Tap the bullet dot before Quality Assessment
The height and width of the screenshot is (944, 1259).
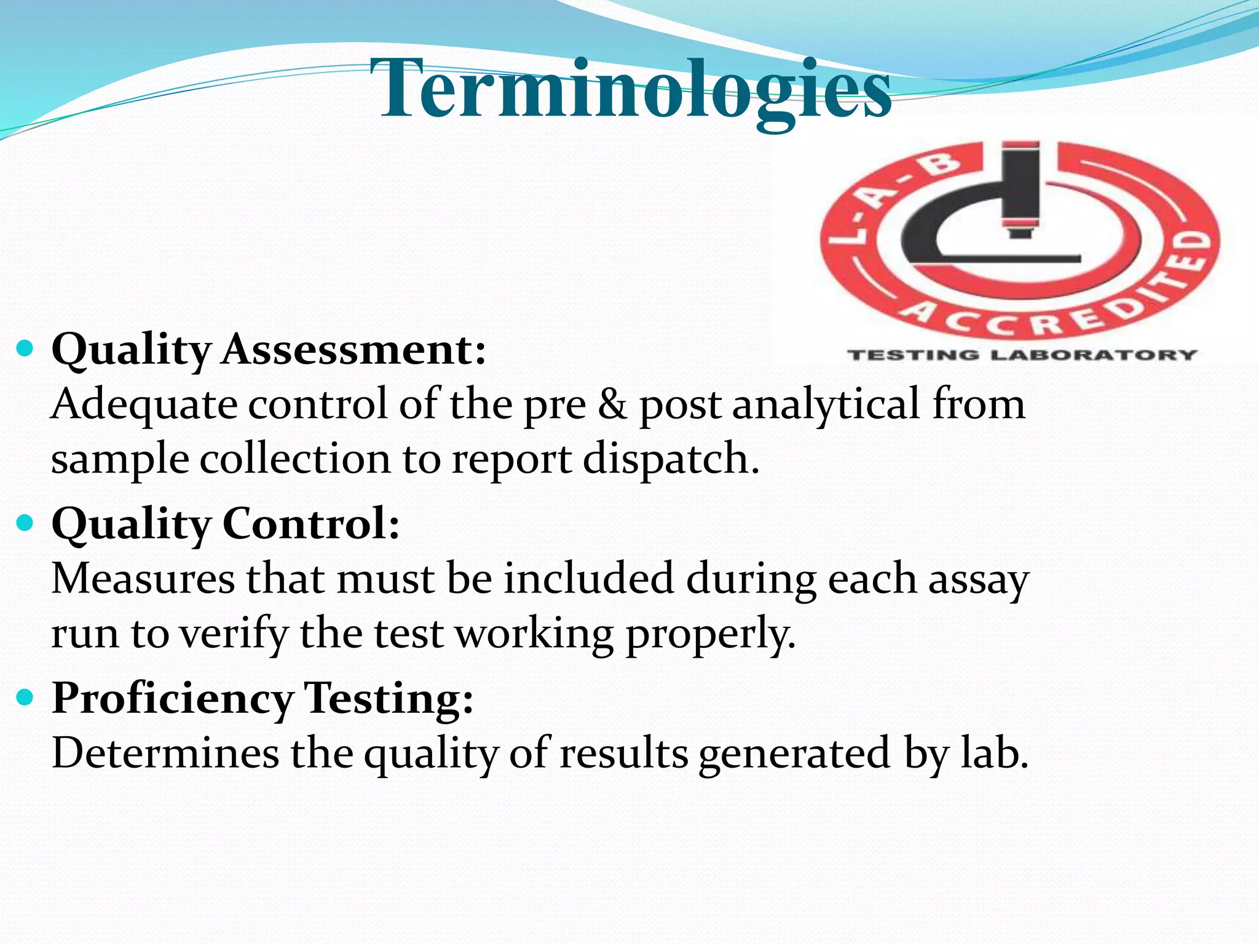tap(25, 349)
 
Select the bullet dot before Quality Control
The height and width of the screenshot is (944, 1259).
tap(25, 524)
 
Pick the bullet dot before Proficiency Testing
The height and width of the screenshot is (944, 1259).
tap(25, 698)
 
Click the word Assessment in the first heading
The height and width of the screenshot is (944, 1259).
tap(354, 350)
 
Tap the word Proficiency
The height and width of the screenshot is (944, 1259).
tap(173, 699)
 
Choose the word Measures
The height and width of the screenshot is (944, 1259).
tap(143, 579)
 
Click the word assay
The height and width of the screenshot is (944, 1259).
tap(977, 579)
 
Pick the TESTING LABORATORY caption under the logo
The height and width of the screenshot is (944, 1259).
tap(1022, 355)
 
